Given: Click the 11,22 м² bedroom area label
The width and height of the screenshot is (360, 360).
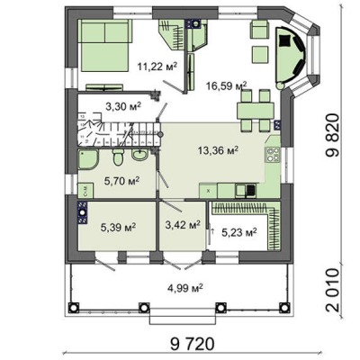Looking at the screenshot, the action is (x=157, y=66).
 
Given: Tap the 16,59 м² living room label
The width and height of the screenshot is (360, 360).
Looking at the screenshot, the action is (x=227, y=85).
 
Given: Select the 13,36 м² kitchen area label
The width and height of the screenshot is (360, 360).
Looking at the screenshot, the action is (x=218, y=150).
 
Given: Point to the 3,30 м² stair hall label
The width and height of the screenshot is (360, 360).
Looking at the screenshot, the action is (x=123, y=106).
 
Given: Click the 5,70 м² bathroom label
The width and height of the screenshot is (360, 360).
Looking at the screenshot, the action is (x=121, y=181).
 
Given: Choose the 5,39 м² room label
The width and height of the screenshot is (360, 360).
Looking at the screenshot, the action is (x=119, y=228).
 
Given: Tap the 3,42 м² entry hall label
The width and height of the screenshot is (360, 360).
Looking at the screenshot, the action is (x=183, y=225).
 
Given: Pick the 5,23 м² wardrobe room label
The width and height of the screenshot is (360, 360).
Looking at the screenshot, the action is (x=239, y=232).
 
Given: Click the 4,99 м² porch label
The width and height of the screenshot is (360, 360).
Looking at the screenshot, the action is (x=185, y=288).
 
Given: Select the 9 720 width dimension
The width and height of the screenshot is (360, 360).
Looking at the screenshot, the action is (x=193, y=344).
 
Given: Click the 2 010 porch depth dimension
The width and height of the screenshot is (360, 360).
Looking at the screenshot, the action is (x=333, y=291).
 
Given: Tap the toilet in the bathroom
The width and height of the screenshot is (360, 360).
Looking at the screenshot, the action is (x=117, y=157).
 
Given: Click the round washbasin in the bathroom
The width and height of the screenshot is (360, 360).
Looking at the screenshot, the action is (x=139, y=155).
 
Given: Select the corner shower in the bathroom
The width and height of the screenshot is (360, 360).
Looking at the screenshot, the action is (x=88, y=159).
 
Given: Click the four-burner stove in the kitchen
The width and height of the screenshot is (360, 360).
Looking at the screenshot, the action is (x=273, y=155).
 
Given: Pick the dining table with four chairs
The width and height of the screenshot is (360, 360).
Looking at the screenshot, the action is (x=256, y=111).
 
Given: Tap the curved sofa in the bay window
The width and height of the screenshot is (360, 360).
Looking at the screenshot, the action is (x=291, y=58).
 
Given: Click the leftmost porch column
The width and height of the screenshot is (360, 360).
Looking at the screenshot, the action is (x=74, y=308).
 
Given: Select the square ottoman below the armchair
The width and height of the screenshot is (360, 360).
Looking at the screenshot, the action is (x=259, y=54).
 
